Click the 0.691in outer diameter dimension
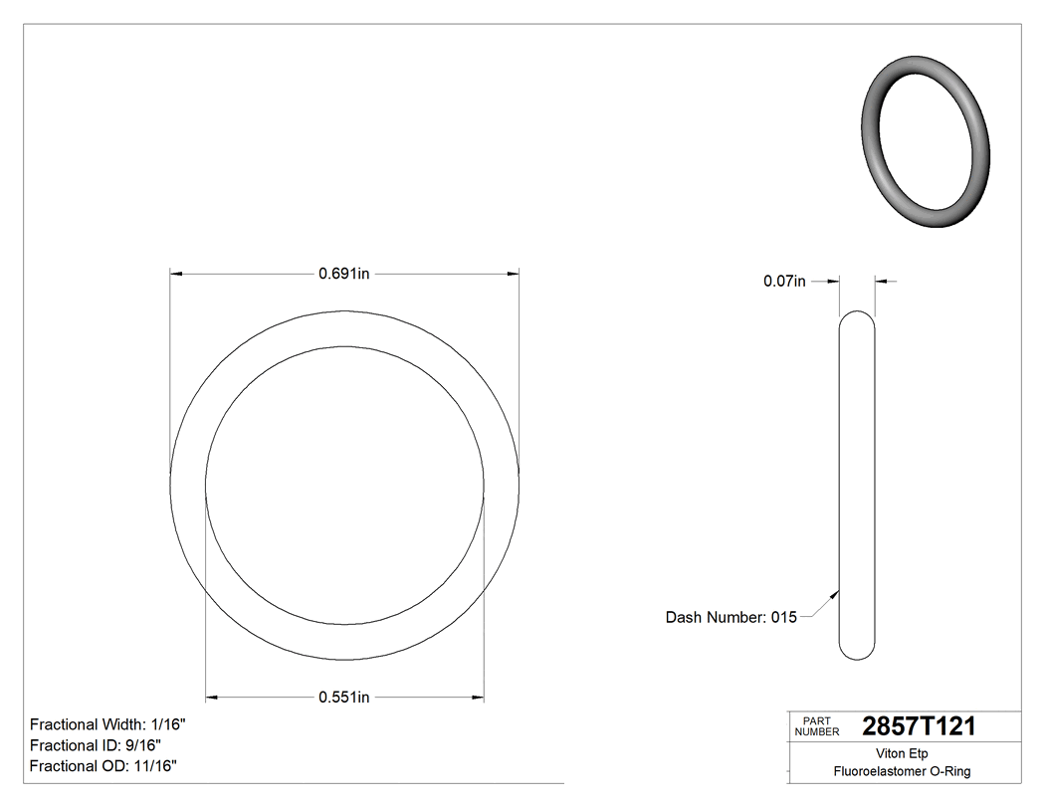[344, 274]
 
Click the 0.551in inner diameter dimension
[344, 698]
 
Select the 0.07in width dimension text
[784, 282]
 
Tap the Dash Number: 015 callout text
[731, 617]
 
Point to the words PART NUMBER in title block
[816, 726]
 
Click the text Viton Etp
[902, 753]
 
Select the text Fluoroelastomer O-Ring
[902, 771]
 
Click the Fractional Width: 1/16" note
[107, 724]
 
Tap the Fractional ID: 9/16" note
[96, 745]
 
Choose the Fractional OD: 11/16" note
[104, 766]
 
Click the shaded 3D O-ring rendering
[924, 141]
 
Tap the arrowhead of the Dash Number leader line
[836, 594]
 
